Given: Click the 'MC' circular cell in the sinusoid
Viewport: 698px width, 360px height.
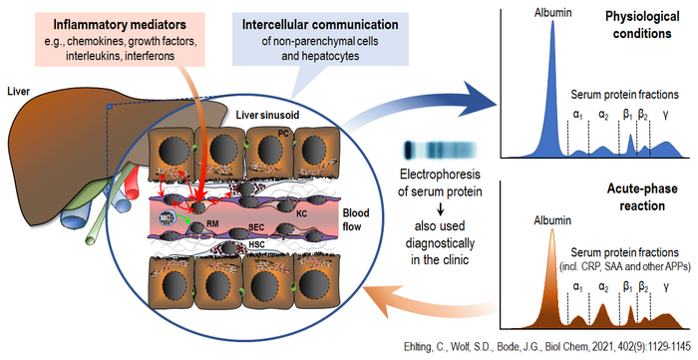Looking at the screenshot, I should click(x=167, y=216).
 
